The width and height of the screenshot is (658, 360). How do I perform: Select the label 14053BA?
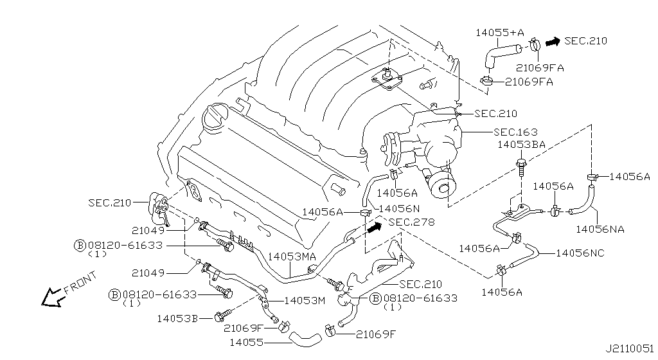coord(521,145)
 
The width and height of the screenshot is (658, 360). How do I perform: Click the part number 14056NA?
coord(600,228)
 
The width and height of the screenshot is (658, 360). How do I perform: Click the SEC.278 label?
coord(411,222)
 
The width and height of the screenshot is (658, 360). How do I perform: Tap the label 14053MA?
coord(292,256)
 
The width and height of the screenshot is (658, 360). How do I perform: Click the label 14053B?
coord(177,318)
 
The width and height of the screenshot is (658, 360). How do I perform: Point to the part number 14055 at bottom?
coord(245,343)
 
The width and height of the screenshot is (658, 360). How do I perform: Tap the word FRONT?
coord(80,281)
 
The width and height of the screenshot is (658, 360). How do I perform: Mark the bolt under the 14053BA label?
coord(520,164)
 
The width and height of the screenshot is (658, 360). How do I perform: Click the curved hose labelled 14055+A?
coord(502,51)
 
